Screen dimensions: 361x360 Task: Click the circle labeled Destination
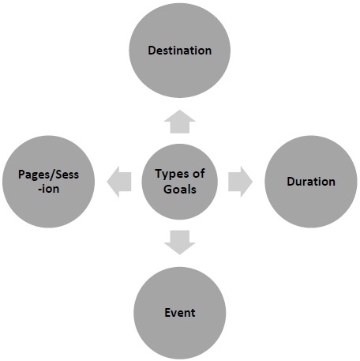[180, 51]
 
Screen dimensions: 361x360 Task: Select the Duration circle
[310, 181]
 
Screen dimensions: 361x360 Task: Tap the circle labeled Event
[180, 312]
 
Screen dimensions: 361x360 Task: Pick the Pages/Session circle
[50, 181]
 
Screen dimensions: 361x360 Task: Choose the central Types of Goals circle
[180, 181]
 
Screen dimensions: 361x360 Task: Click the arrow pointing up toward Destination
[180, 122]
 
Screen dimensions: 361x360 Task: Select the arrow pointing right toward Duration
[240, 181]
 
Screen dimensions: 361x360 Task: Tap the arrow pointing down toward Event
[180, 242]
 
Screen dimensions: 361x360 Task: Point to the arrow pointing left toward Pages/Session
[121, 181]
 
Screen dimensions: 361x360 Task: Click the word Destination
[180, 51]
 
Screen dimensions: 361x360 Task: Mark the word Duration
[310, 182]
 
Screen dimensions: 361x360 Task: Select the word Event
[180, 312]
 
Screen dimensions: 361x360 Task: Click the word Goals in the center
[180, 190]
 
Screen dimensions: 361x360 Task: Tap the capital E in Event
[167, 312]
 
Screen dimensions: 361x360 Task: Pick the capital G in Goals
[167, 190]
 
